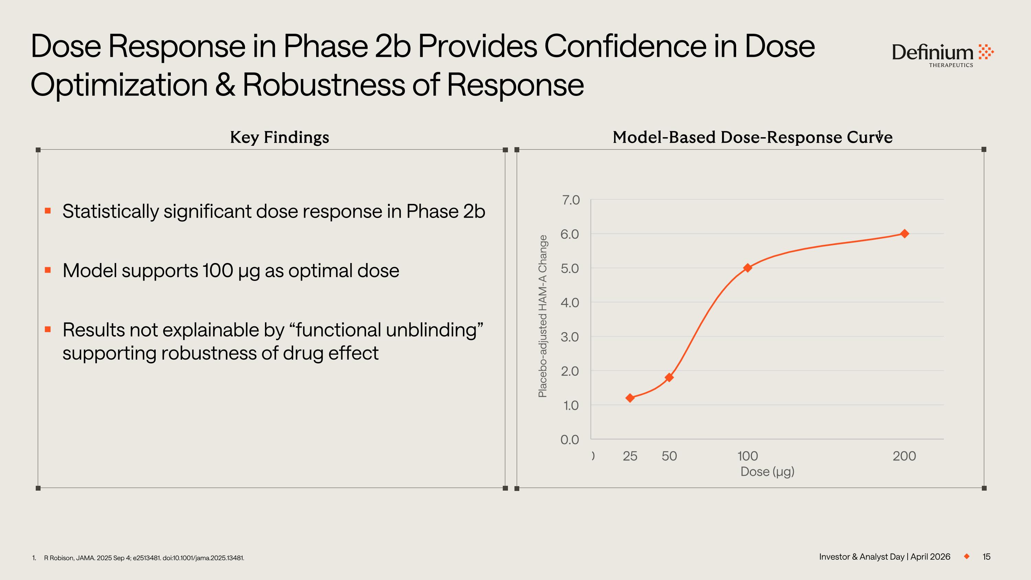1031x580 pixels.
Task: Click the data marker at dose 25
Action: [630, 398]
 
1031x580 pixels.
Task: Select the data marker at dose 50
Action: [669, 377]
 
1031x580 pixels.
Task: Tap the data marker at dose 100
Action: [747, 268]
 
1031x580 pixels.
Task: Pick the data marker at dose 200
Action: [904, 234]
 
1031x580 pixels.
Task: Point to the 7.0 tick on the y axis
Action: [570, 200]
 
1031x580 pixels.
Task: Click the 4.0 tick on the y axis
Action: [570, 303]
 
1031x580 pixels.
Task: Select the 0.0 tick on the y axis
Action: [569, 439]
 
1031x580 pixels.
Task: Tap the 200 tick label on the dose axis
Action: [904, 456]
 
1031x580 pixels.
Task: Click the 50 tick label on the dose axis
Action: [669, 456]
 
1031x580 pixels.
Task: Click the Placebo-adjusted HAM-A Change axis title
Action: [543, 316]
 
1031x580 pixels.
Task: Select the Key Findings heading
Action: [279, 137]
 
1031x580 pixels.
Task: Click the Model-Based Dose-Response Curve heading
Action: [752, 137]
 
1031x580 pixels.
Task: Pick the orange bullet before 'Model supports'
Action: [48, 270]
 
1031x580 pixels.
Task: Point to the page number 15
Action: [986, 557]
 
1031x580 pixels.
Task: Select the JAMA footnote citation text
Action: [144, 558]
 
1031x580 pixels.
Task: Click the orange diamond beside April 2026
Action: [966, 557]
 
